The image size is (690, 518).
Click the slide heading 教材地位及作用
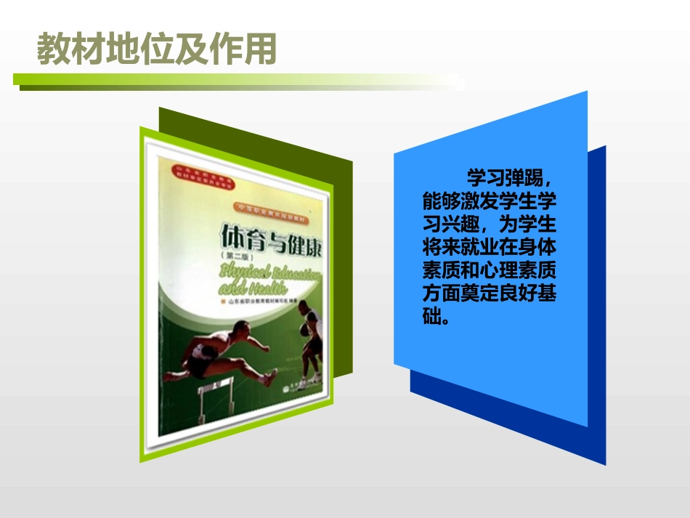pos(157,49)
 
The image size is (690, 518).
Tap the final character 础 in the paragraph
pos(432,318)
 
